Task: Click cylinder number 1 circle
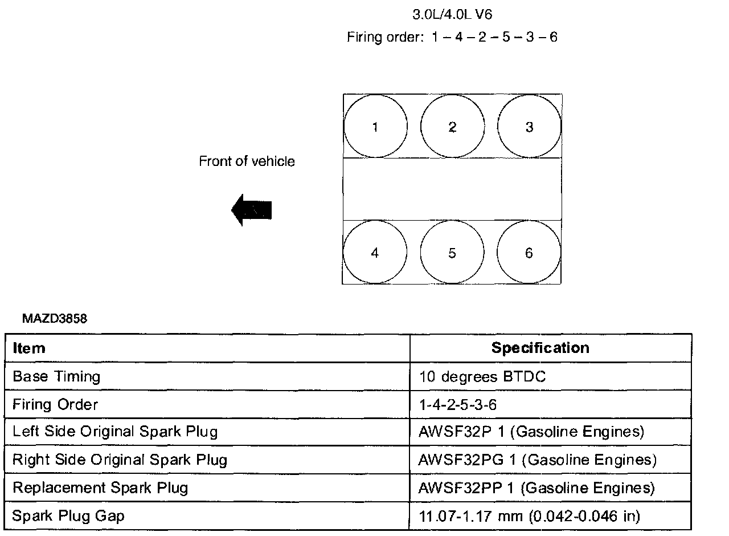(x=375, y=127)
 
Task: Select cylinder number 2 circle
(x=452, y=127)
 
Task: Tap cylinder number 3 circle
(x=529, y=127)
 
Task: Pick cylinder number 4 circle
(x=375, y=253)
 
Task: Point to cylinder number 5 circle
(x=452, y=253)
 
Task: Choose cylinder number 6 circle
(x=529, y=253)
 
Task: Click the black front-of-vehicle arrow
(x=252, y=210)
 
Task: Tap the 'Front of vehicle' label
(x=247, y=161)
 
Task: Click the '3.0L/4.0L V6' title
(x=452, y=14)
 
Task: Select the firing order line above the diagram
(x=452, y=38)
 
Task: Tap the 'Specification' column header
(x=540, y=348)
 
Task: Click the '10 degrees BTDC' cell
(x=482, y=377)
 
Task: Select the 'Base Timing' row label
(x=56, y=377)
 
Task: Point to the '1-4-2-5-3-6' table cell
(x=457, y=405)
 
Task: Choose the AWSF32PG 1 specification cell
(x=537, y=460)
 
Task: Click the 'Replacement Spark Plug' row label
(x=100, y=488)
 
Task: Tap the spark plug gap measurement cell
(x=529, y=517)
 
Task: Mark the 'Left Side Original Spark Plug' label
(x=114, y=432)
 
